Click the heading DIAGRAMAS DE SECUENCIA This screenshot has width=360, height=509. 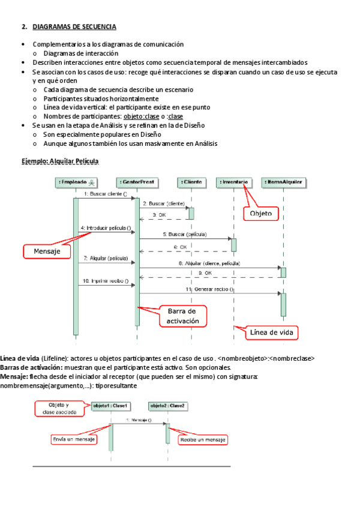click(x=74, y=27)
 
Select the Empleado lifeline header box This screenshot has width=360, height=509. click(x=76, y=181)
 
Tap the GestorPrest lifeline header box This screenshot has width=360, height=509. click(x=137, y=181)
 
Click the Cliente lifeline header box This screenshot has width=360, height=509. click(x=191, y=181)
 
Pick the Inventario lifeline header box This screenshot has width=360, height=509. click(x=234, y=181)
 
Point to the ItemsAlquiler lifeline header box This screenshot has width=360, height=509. click(x=283, y=181)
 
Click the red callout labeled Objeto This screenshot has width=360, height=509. click(x=261, y=213)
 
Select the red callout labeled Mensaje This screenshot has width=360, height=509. click(x=47, y=251)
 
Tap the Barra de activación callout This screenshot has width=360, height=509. click(x=182, y=316)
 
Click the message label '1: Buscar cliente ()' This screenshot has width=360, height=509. click(x=105, y=194)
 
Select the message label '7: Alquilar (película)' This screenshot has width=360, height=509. click(x=106, y=258)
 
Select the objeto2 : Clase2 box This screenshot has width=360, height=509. click(x=167, y=406)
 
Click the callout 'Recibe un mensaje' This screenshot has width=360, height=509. click(x=203, y=440)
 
